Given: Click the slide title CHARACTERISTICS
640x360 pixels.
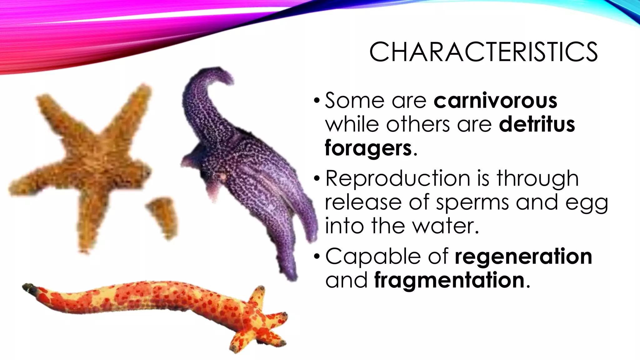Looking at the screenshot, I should (x=483, y=52).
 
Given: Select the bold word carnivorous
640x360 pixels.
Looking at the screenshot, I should (x=495, y=101).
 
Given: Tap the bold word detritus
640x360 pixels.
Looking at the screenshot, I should (x=537, y=124).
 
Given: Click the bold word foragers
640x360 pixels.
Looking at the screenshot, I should (x=368, y=148).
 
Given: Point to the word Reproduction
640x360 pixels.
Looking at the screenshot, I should (x=397, y=179).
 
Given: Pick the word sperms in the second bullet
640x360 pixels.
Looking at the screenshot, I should (x=472, y=202).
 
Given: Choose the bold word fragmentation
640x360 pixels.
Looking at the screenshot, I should (x=449, y=280).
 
